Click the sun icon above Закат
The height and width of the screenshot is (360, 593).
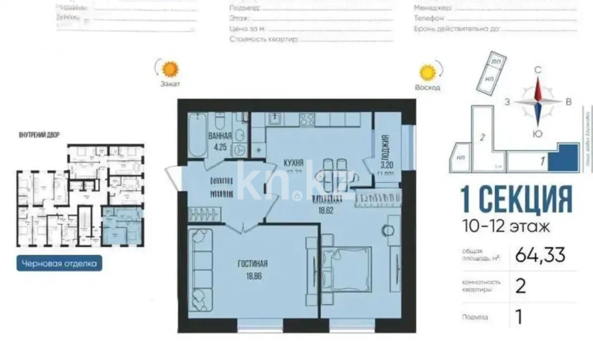170,68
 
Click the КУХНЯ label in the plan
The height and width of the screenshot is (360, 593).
294,163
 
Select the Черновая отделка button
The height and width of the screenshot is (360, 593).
60,264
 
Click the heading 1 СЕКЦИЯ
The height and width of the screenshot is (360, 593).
516,199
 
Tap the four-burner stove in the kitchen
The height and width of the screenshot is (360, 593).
307,119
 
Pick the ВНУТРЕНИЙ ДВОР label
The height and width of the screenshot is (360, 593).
39,135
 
